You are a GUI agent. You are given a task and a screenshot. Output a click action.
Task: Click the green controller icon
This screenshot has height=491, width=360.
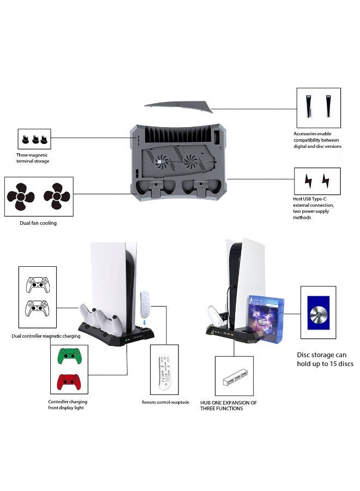click(69, 356)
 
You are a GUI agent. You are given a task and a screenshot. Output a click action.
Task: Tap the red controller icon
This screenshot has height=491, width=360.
click(69, 382)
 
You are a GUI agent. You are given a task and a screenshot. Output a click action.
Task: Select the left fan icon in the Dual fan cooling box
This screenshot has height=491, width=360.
click(21, 196)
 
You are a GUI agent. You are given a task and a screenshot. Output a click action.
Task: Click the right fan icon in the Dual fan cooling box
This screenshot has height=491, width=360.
click(57, 196)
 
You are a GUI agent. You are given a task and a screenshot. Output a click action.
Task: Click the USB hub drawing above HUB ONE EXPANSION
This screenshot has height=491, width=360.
click(235, 377)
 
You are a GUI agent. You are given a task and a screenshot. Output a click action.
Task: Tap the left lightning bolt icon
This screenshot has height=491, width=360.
click(308, 181)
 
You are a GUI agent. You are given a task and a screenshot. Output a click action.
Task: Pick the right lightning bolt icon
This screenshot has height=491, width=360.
click(326, 181)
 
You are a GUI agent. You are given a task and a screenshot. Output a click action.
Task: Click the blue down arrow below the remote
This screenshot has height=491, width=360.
click(145, 322)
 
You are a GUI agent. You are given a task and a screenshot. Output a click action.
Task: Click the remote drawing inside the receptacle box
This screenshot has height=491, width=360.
click(164, 373)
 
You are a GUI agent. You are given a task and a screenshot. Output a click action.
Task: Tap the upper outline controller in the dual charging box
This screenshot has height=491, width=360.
click(38, 285)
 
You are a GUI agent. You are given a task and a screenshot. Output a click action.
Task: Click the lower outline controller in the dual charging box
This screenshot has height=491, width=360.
click(37, 308)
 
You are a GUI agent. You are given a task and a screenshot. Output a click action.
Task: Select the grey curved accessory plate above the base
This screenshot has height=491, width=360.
click(179, 106)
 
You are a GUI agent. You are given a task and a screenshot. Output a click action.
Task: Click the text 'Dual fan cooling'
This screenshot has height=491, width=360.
click(38, 223)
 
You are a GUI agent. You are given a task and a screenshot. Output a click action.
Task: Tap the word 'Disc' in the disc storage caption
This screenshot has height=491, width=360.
click(304, 355)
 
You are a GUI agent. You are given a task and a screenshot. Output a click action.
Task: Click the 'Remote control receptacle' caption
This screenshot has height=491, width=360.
click(165, 402)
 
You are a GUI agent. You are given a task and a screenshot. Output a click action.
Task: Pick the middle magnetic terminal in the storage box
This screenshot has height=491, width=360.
click(35, 139)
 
